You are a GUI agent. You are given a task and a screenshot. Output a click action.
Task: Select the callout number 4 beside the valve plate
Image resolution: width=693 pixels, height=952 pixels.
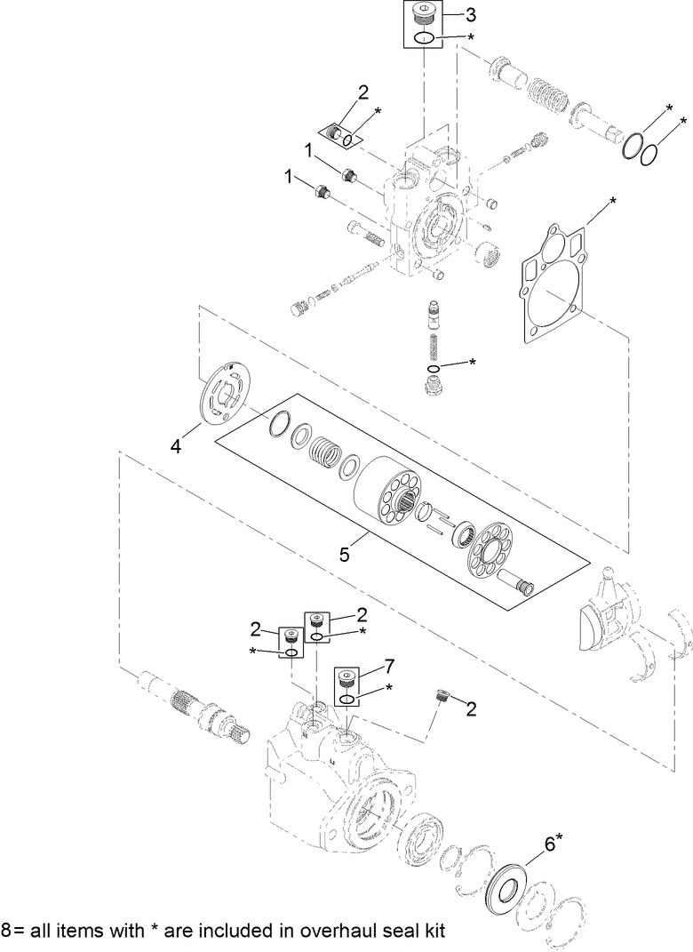[x=176, y=448]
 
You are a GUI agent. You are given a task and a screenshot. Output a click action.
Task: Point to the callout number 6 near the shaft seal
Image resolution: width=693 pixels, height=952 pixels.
[x=550, y=845]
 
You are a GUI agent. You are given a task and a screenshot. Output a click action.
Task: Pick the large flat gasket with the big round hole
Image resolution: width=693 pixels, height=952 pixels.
[x=553, y=285]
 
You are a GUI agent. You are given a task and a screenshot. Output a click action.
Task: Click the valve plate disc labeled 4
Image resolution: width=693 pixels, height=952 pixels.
[x=224, y=394]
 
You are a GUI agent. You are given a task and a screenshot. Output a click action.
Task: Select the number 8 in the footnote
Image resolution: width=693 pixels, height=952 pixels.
[x=7, y=932]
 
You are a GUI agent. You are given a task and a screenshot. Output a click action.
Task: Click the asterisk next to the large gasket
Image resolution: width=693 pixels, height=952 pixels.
[x=613, y=204]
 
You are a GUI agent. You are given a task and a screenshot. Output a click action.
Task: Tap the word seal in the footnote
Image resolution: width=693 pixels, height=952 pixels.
[x=372, y=932]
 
